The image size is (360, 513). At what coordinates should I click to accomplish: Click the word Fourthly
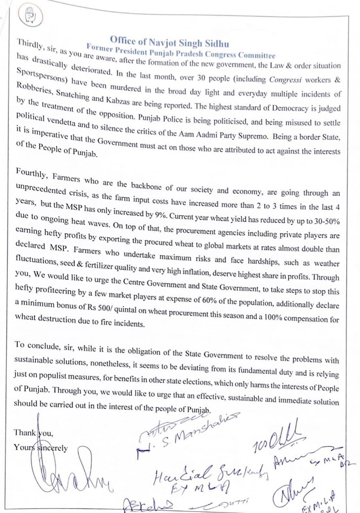coord(31,173)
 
